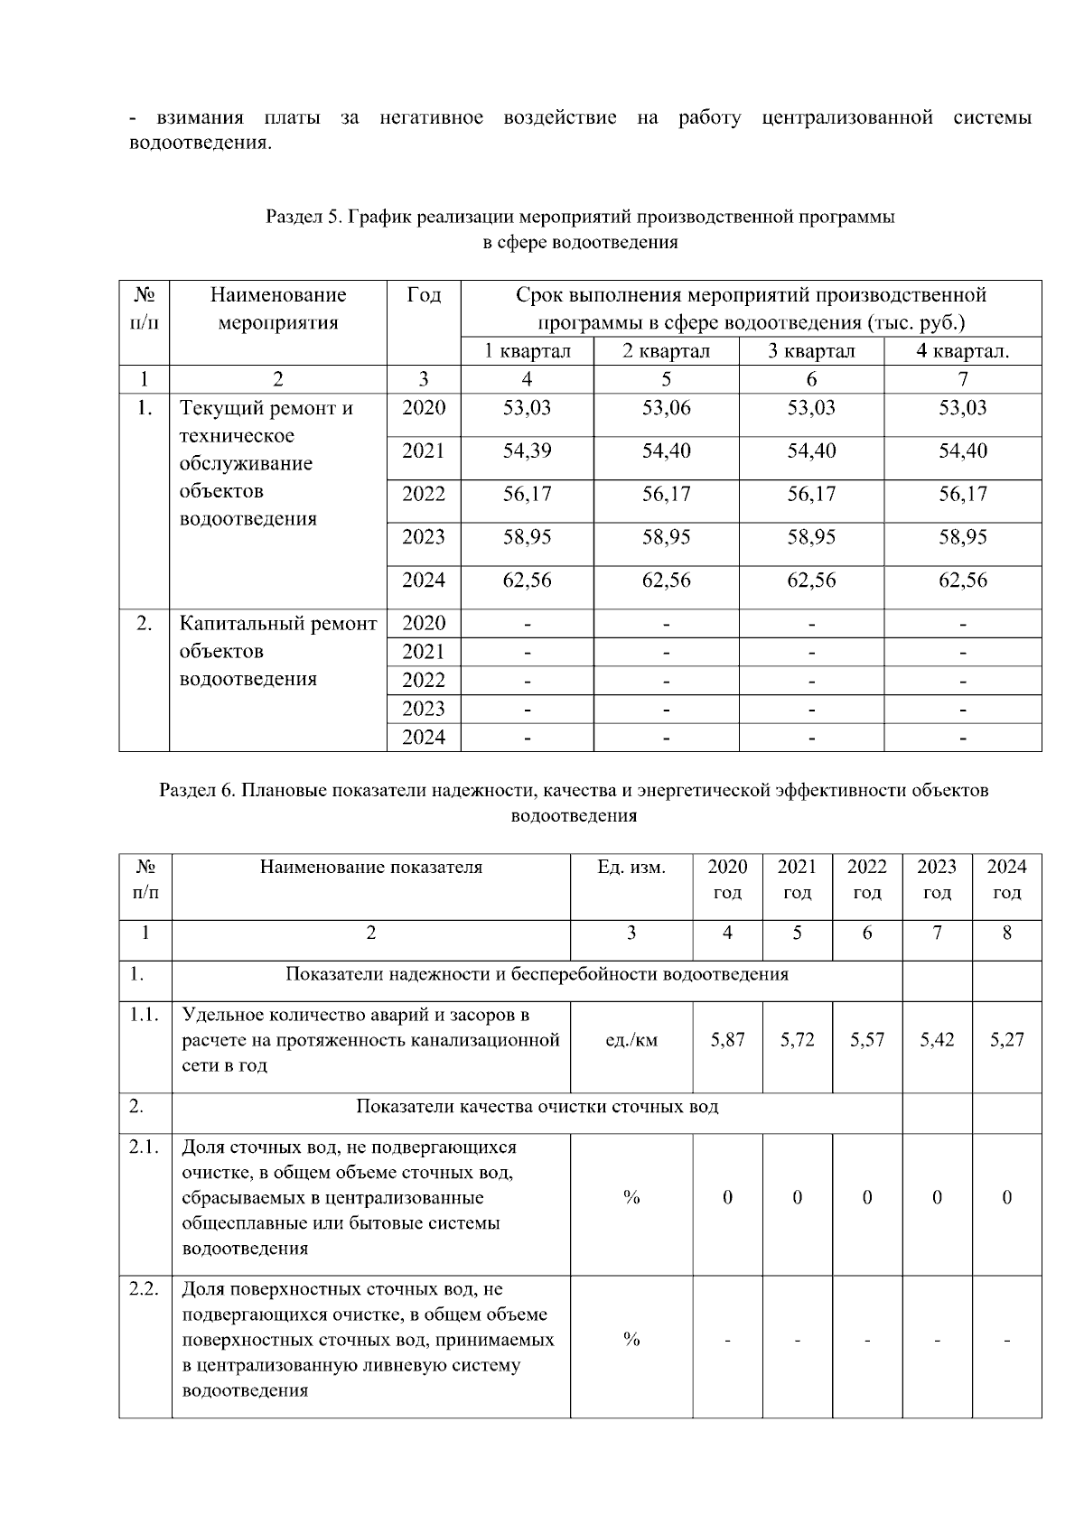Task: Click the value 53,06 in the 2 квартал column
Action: pyautogui.click(x=666, y=408)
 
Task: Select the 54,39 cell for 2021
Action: pyautogui.click(x=527, y=451)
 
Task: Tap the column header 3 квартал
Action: pyautogui.click(x=810, y=351)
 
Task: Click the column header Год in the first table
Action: pyautogui.click(x=424, y=295)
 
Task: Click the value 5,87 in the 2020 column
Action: pyautogui.click(x=727, y=1040)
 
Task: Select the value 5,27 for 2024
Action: pyautogui.click(x=1006, y=1040)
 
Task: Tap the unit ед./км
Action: pyautogui.click(x=631, y=1040)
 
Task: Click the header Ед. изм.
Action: pyautogui.click(x=631, y=868)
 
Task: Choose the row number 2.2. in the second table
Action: pyautogui.click(x=145, y=1289)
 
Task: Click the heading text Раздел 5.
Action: pyautogui.click(x=304, y=217)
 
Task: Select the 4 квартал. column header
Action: pyautogui.click(x=962, y=351)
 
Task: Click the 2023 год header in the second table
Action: pyautogui.click(x=937, y=878)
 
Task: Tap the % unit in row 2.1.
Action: pyautogui.click(x=631, y=1198)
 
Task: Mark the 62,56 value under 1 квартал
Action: pyautogui.click(x=527, y=581)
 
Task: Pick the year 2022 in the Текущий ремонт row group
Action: pyautogui.click(x=424, y=495)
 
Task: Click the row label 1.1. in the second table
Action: pyautogui.click(x=145, y=1015)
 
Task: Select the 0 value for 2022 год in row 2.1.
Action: pyautogui.click(x=867, y=1198)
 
